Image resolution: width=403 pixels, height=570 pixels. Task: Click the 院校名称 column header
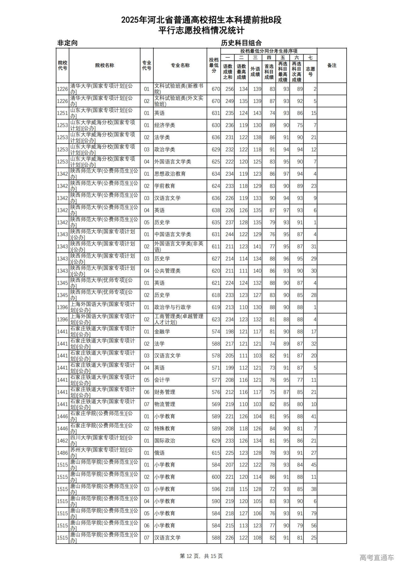click(x=105, y=65)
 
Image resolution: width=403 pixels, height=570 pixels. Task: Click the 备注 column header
click(x=332, y=65)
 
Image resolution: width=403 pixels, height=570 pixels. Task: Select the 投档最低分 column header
click(x=214, y=65)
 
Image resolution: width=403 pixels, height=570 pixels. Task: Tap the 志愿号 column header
click(x=310, y=71)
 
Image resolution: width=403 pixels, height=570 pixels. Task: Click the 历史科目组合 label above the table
click(x=241, y=43)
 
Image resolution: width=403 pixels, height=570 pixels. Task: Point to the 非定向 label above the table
click(x=67, y=43)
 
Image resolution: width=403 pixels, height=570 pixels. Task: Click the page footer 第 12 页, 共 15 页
click(x=201, y=556)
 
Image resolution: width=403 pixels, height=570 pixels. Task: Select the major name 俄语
click(x=159, y=453)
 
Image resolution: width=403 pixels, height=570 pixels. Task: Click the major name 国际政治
click(x=165, y=441)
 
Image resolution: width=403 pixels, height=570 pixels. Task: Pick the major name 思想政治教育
click(x=170, y=174)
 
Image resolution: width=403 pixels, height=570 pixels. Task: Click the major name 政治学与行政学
click(x=173, y=307)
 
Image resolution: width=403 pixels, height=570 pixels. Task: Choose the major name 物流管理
click(x=165, y=404)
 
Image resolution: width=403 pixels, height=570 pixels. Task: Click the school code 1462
click(x=62, y=441)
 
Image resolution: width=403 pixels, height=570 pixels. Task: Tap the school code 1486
click(x=62, y=453)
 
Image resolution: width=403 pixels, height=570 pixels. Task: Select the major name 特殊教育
click(x=165, y=428)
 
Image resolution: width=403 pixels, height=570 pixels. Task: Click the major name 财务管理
click(x=165, y=392)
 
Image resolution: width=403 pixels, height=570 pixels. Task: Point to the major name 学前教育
click(x=165, y=186)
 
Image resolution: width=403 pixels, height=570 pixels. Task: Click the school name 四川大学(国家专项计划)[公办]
click(x=101, y=441)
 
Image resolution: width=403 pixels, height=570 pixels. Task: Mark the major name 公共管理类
click(x=167, y=271)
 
